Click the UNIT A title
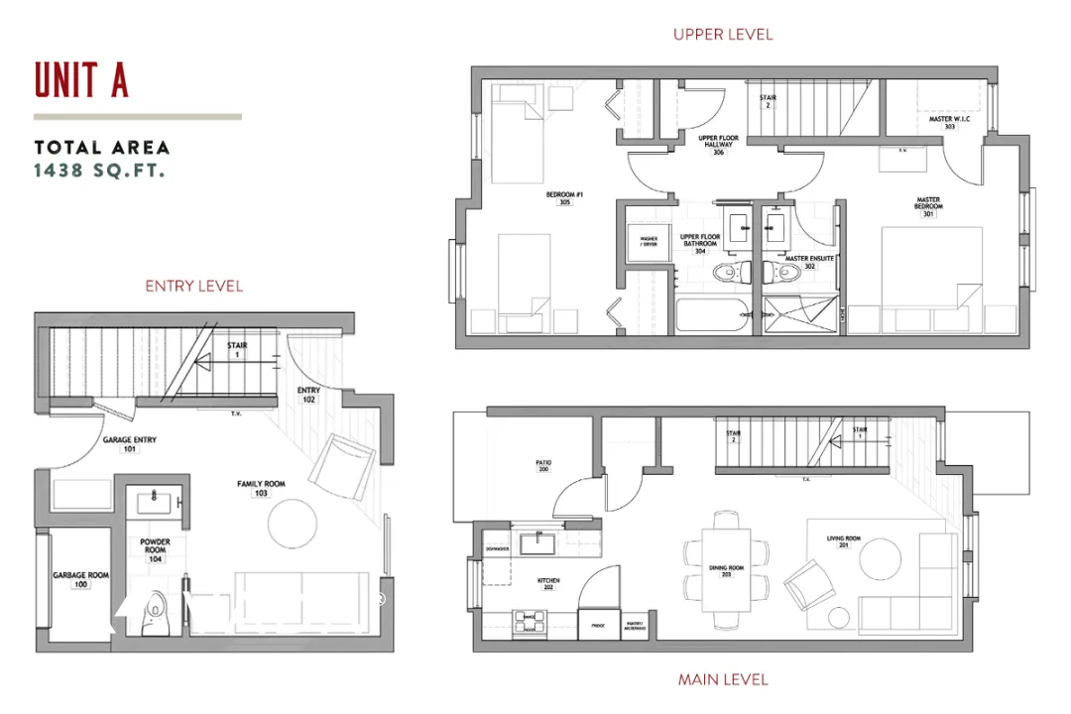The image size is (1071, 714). (x=81, y=79)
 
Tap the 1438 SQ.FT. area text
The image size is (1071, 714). (x=99, y=170)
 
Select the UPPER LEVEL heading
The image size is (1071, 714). (x=722, y=35)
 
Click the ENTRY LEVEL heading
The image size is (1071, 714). (x=193, y=286)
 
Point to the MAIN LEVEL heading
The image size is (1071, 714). (x=722, y=679)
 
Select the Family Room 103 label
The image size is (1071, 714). (x=261, y=488)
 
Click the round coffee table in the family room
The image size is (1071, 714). (x=295, y=523)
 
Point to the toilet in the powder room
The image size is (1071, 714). (x=156, y=613)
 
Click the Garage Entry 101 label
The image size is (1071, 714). (x=130, y=444)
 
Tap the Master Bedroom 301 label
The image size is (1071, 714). (x=928, y=206)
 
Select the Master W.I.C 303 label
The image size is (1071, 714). (x=949, y=123)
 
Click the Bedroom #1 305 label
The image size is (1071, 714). (x=564, y=198)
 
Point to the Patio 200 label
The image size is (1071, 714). (x=543, y=466)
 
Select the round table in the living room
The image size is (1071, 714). (x=879, y=558)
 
